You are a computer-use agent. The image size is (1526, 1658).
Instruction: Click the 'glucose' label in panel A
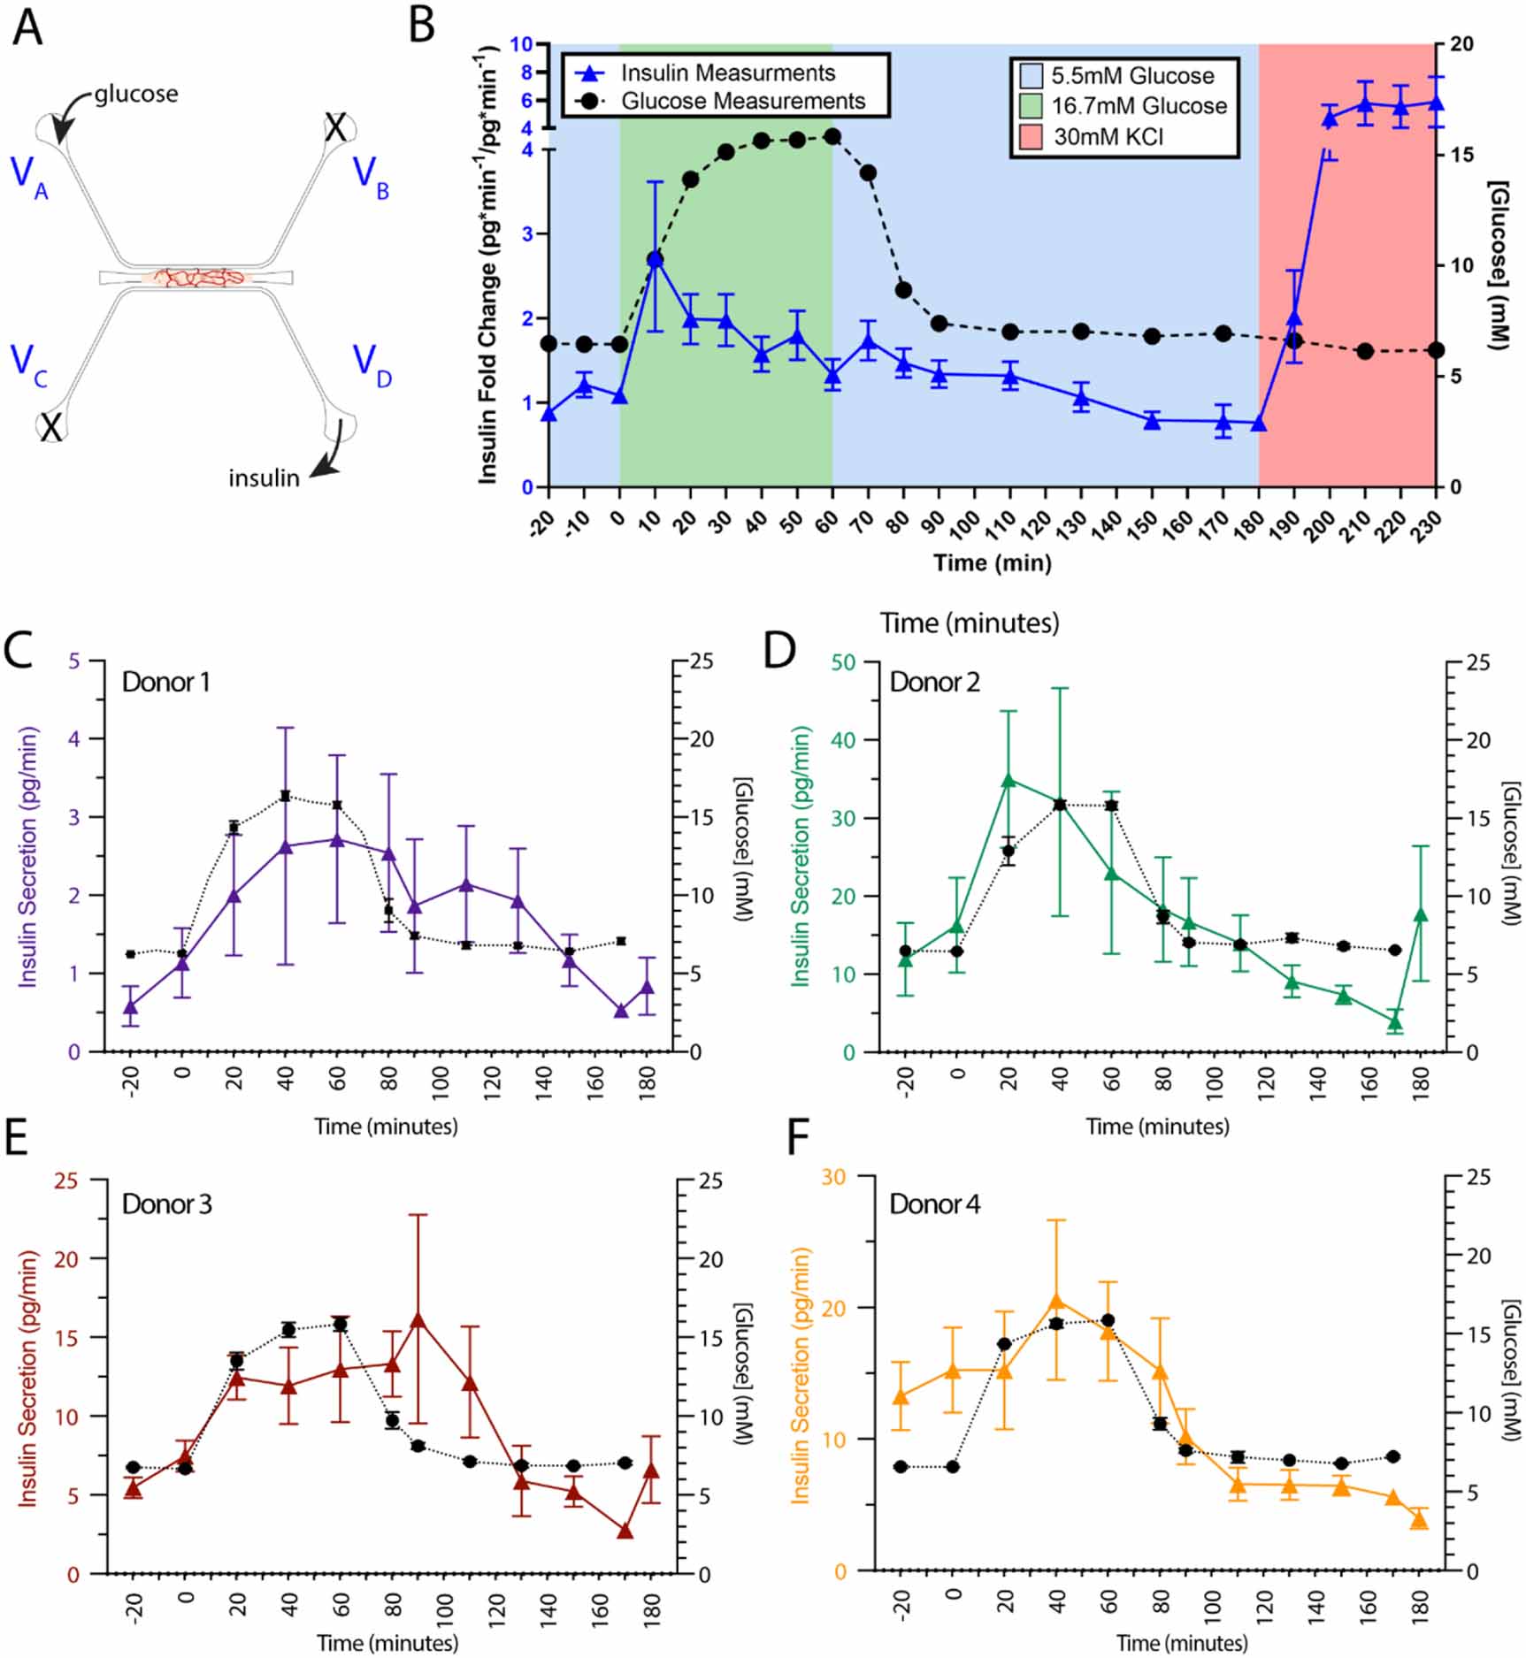pos(136,94)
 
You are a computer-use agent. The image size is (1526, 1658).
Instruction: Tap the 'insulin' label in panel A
pos(264,478)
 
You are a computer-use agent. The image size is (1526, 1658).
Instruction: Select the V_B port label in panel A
pos(370,174)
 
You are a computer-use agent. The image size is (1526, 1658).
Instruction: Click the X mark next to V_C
pos(51,428)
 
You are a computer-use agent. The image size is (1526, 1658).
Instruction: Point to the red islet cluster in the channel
pos(196,278)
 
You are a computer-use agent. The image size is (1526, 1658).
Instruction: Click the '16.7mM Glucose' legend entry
pos(1139,106)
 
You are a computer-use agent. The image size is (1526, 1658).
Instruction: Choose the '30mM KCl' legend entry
pos(1108,137)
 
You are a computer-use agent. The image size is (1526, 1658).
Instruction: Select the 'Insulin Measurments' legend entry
pos(727,73)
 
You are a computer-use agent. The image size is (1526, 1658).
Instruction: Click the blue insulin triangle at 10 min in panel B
pos(655,259)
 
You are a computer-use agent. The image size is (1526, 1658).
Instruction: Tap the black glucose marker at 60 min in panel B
pos(832,136)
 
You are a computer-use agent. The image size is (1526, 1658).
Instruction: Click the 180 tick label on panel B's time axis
pos(1253,523)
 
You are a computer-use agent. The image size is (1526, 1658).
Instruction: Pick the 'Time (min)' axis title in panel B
pos(993,563)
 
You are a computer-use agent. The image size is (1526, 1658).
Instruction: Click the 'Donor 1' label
pos(166,683)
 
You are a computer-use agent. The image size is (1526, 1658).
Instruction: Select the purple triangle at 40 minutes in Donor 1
pos(286,847)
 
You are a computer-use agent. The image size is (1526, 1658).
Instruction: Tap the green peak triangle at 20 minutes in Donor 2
pos(1008,780)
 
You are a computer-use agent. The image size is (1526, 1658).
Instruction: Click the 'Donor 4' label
pos(935,1205)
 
